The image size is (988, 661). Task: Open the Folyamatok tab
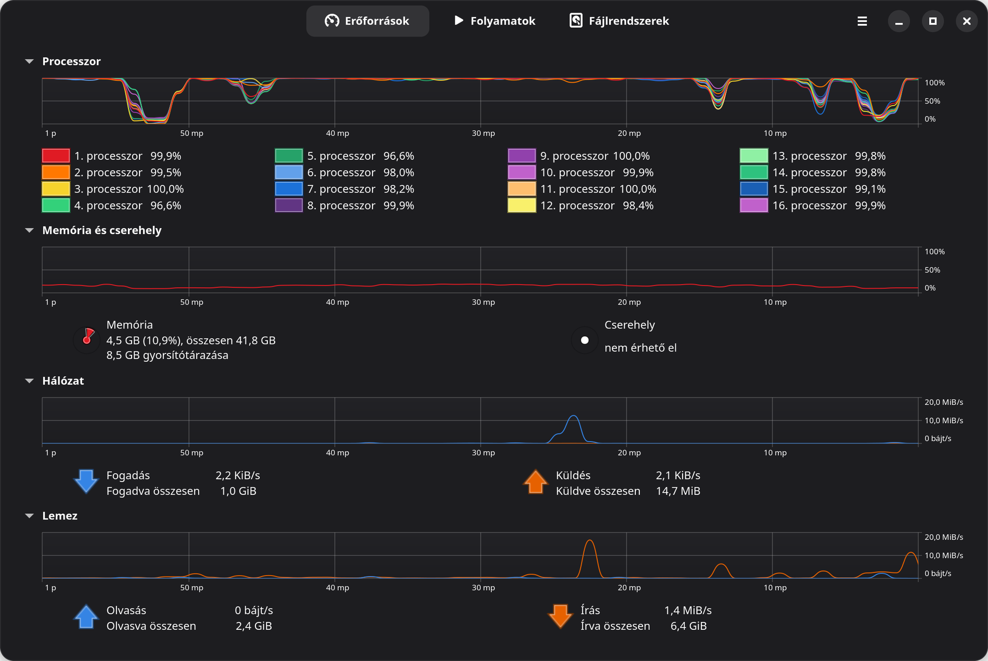(494, 21)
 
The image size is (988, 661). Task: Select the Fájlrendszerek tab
(619, 21)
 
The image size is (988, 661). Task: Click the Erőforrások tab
(367, 21)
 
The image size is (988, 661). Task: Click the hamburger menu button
(862, 21)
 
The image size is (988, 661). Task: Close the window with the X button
(967, 21)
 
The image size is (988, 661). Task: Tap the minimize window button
(899, 21)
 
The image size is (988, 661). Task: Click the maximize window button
(933, 21)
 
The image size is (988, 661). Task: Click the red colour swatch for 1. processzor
(56, 156)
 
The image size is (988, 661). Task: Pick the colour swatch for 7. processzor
(289, 189)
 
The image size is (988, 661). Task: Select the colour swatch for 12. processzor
(522, 206)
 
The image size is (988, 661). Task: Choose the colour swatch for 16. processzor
(754, 206)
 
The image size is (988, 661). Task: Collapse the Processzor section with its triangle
(30, 61)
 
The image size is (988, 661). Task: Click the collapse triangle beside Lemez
(30, 516)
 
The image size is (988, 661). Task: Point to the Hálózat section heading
(63, 380)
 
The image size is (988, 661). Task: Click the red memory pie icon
(87, 339)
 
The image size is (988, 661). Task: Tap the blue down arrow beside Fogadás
(86, 481)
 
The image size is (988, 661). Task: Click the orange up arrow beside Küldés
(535, 481)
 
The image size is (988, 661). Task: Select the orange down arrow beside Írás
(560, 616)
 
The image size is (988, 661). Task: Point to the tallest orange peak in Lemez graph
(589, 541)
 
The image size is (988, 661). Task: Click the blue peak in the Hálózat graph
(574, 416)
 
